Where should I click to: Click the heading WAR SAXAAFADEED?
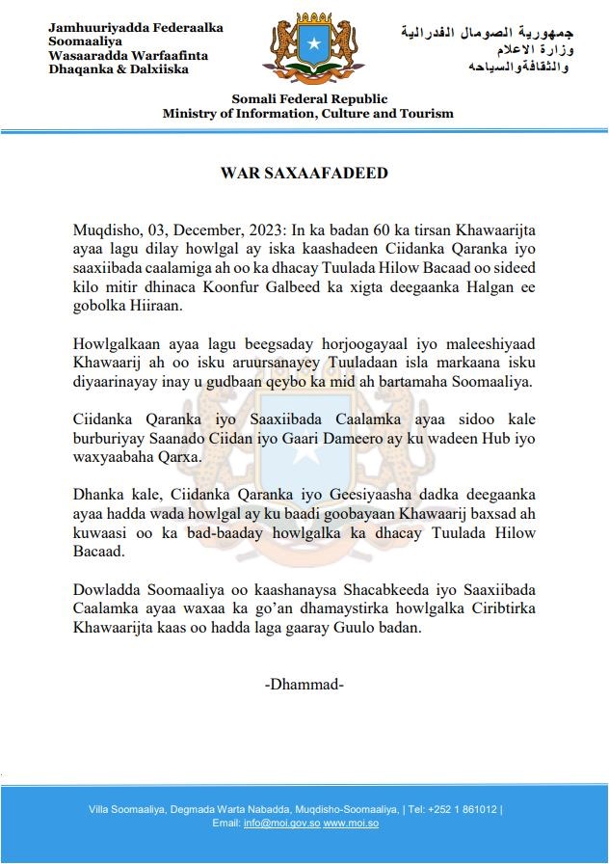[304, 174]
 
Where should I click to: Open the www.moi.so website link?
[351, 823]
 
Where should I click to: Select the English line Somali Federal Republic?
[309, 99]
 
